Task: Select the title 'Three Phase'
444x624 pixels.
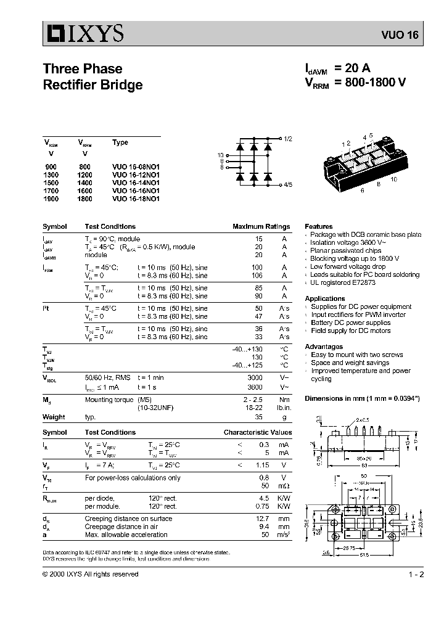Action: tap(83, 68)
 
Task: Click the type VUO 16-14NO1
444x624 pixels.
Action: tap(136, 183)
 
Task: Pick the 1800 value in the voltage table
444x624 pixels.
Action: tap(84, 199)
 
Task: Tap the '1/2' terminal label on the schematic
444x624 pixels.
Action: tap(288, 139)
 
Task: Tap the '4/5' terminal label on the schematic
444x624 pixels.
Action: tap(288, 184)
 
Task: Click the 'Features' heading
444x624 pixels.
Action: tap(318, 226)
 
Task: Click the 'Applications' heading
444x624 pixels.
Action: tap(324, 298)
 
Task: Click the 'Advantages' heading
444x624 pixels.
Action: tap(323, 347)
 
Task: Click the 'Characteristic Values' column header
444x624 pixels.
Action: tap(257, 433)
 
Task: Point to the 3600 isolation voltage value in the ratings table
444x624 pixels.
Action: tap(254, 387)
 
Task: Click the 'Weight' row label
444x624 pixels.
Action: tap(54, 417)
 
